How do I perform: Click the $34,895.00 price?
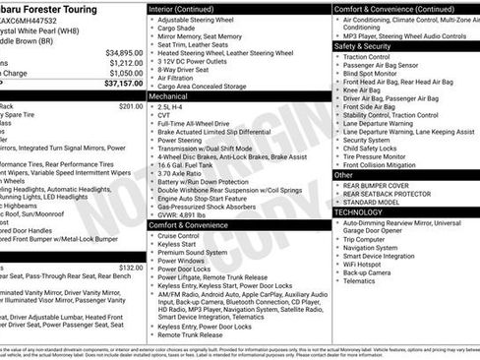tap(125, 52)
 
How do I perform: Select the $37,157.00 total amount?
tap(125, 84)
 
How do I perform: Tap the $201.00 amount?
tap(131, 105)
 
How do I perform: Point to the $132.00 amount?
tap(131, 267)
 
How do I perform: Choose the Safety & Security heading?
tap(367, 46)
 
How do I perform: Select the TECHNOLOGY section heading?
tap(365, 211)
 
